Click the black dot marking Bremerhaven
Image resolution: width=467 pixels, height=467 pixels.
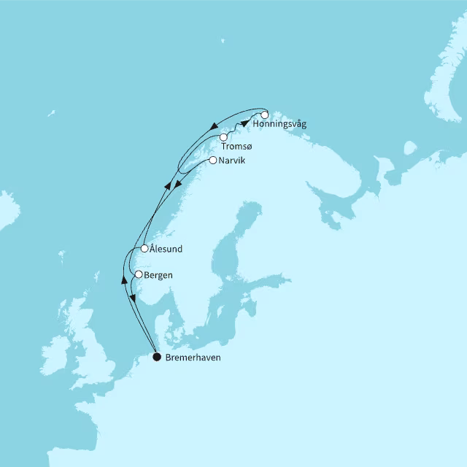157,358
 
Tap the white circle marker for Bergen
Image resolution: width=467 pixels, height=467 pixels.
138,274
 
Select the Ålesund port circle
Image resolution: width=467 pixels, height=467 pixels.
144,248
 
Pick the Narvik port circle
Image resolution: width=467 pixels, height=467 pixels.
212,160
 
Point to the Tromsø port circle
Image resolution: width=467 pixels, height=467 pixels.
223,136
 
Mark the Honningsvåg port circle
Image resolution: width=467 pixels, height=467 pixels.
264,115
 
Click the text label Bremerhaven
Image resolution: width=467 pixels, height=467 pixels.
193,358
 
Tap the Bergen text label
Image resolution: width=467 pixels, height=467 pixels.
160,275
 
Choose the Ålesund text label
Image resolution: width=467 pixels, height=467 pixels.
166,249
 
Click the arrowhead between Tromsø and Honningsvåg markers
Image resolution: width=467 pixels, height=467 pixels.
244,123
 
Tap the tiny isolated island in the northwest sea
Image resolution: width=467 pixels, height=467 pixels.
51,113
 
